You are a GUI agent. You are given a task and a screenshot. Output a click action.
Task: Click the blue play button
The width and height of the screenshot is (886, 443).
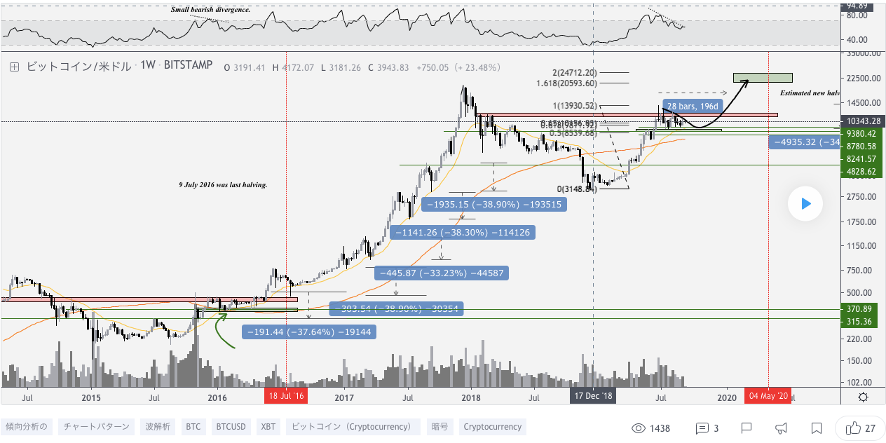click(x=805, y=204)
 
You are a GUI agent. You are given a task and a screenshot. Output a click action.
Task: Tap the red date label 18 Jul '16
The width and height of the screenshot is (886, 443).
click(x=286, y=396)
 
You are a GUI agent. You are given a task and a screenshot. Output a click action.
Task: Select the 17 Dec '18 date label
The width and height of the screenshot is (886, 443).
click(x=594, y=396)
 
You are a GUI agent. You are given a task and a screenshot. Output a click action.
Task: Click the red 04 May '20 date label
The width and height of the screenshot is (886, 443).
click(x=769, y=396)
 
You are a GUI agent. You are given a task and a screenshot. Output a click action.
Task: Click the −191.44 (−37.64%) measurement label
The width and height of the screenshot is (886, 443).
click(x=308, y=332)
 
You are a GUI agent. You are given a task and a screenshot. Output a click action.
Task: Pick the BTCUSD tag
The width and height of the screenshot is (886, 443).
click(x=231, y=426)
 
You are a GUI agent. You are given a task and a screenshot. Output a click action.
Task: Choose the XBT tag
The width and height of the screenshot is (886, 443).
click(x=268, y=426)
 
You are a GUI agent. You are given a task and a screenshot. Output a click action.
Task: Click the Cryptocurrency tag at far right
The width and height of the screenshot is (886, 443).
click(x=492, y=426)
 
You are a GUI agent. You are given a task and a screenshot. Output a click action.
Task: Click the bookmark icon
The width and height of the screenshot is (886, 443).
click(x=817, y=428)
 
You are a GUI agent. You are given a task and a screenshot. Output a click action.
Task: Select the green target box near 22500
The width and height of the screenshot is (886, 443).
click(x=763, y=78)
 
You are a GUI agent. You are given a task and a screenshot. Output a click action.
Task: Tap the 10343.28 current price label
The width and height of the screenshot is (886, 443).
click(x=862, y=122)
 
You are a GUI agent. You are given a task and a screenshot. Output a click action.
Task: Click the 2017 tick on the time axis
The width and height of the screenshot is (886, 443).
click(x=343, y=397)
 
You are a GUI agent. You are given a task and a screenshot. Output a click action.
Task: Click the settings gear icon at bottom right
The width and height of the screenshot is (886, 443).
click(x=863, y=397)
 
